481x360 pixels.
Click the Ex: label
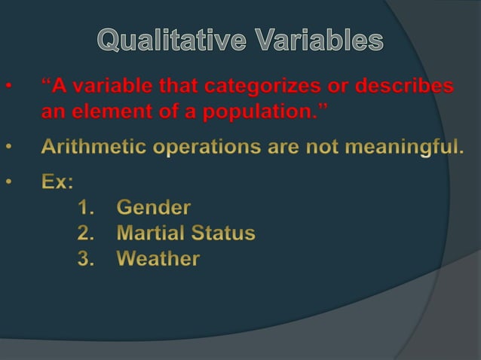[x=57, y=182]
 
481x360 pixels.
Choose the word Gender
[x=154, y=207]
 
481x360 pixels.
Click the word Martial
[x=148, y=233]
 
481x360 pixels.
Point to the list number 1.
[x=84, y=207]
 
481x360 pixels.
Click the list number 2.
[x=84, y=233]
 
